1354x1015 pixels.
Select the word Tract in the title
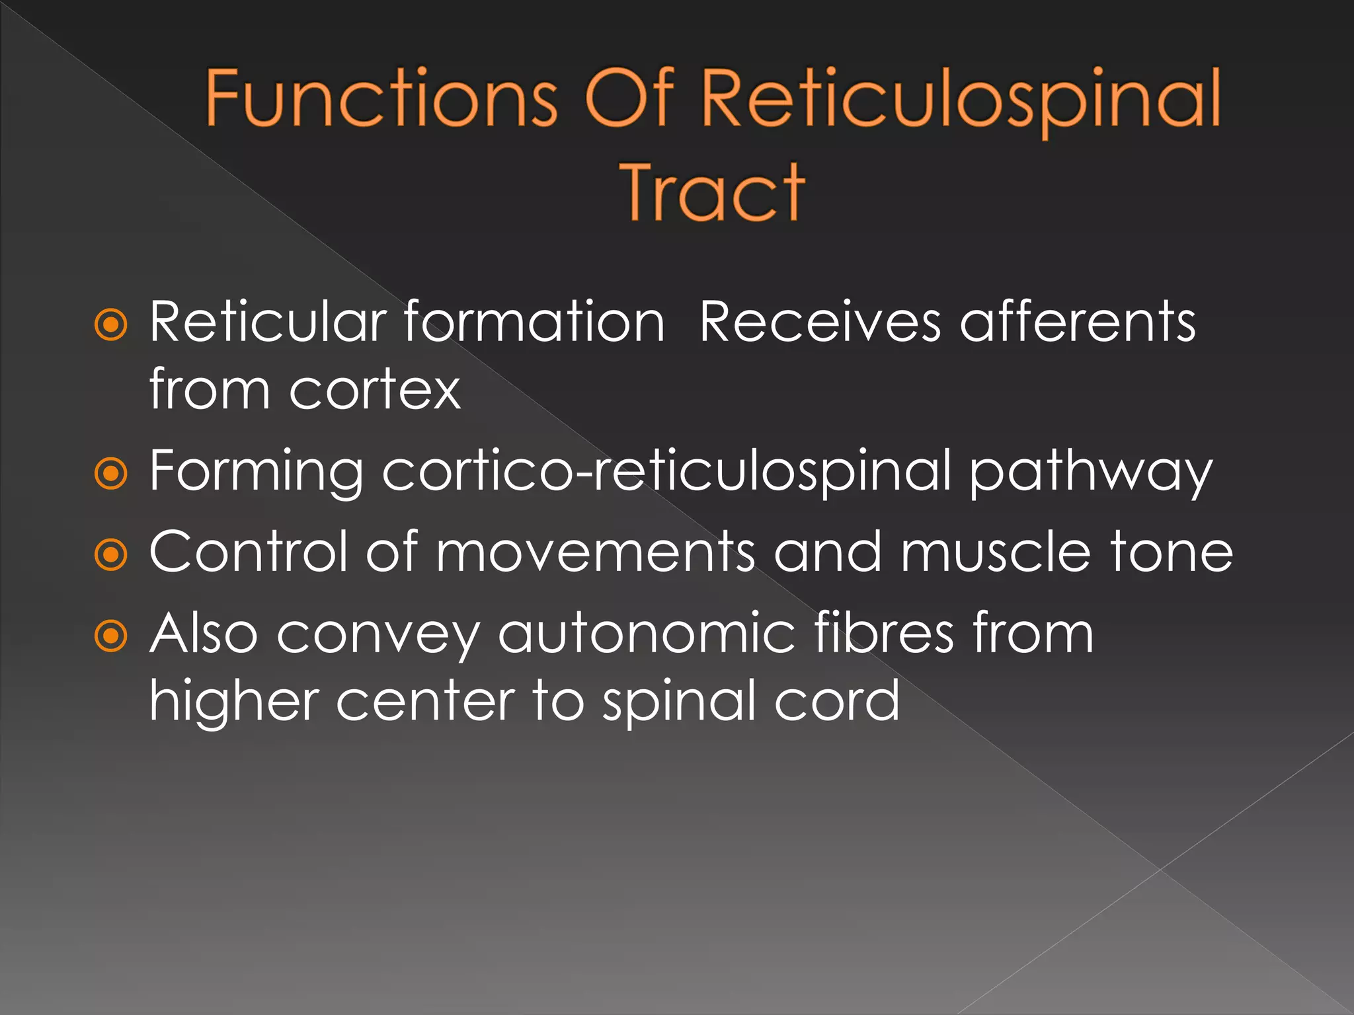(x=713, y=192)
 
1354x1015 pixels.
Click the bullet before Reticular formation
(x=110, y=324)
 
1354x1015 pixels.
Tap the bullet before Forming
(x=110, y=473)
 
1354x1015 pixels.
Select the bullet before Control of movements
(x=110, y=554)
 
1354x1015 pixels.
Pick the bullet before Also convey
(x=110, y=636)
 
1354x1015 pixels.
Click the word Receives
(x=819, y=322)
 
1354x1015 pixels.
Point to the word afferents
(x=1077, y=322)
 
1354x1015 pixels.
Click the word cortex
(x=375, y=391)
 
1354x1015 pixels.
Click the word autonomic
(x=647, y=634)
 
